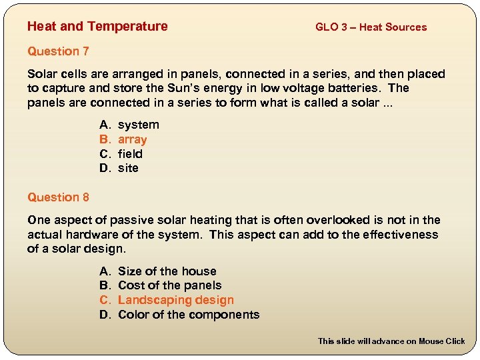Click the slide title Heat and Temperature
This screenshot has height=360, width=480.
(x=97, y=27)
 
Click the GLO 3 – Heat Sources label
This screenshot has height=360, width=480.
(x=371, y=27)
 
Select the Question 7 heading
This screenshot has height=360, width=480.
(x=58, y=51)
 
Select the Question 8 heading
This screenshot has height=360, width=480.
(x=58, y=197)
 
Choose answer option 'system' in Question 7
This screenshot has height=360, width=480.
(x=138, y=125)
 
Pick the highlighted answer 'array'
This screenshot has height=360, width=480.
(x=132, y=139)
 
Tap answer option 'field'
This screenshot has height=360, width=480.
(x=130, y=154)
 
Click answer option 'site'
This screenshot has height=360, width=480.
(x=128, y=168)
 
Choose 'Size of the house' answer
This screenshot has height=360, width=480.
(x=167, y=271)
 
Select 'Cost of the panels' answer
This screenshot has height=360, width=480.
(x=169, y=285)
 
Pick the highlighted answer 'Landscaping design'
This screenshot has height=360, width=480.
(x=175, y=300)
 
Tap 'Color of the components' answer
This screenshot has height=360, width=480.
(x=188, y=315)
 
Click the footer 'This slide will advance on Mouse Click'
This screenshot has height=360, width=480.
(x=391, y=341)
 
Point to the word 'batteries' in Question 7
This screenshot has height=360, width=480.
(x=359, y=89)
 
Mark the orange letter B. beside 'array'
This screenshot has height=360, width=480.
(x=105, y=139)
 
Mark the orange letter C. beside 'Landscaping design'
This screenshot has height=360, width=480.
(x=105, y=300)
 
